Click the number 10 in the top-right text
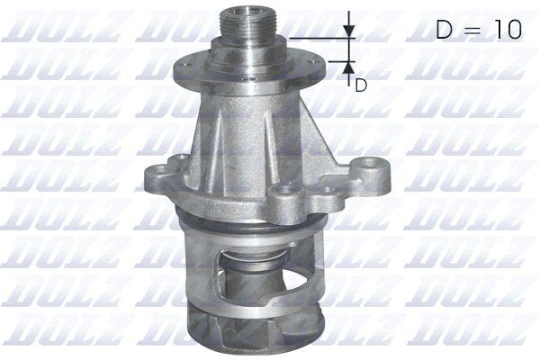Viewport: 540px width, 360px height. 505,30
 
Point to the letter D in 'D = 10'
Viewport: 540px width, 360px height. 444,30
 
